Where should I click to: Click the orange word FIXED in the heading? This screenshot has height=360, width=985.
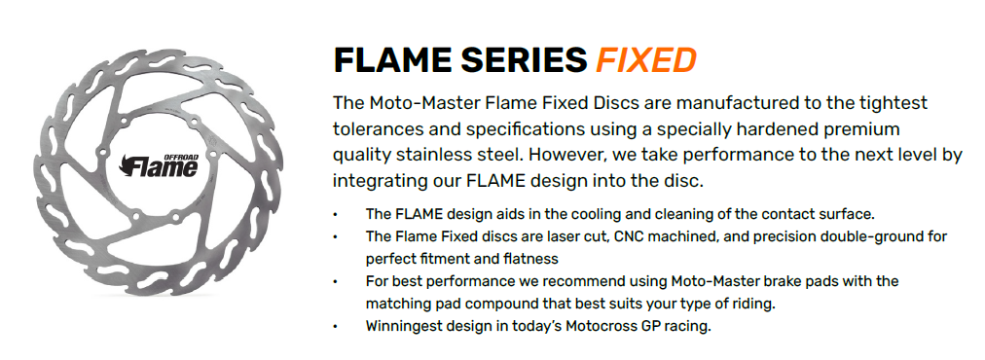[x=645, y=60]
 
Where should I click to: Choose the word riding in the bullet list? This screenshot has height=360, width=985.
[x=753, y=304]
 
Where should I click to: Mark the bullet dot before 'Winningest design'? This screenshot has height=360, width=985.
[x=336, y=327]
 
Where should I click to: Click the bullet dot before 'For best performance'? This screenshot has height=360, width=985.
[x=336, y=281]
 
